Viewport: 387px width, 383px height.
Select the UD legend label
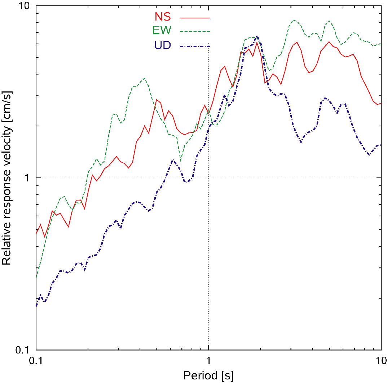[x=162, y=45]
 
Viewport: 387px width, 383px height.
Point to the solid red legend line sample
[x=194, y=17]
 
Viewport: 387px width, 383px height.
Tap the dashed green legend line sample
[x=194, y=31]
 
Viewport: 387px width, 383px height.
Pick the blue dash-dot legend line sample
[x=194, y=46]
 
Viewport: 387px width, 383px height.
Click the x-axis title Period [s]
[x=208, y=375]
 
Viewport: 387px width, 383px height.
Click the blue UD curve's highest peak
[x=257, y=36]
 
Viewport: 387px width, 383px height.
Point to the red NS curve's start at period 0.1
[x=36, y=233]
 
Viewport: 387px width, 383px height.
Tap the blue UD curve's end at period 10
[x=381, y=145]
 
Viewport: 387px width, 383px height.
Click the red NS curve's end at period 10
[x=381, y=103]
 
